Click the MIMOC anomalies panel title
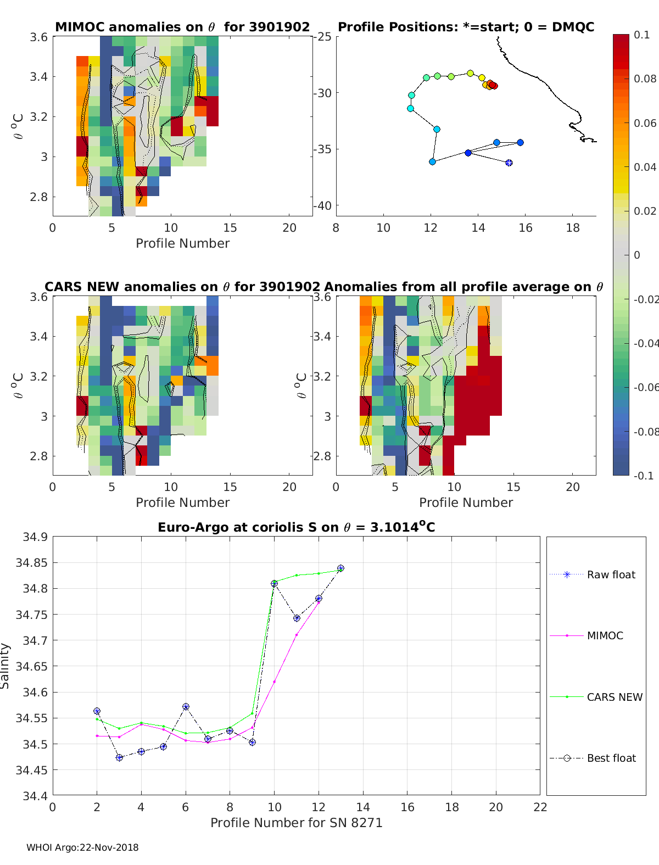pyautogui.click(x=182, y=27)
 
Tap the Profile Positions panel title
pyautogui.click(x=466, y=27)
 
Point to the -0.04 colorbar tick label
pyautogui.click(x=645, y=343)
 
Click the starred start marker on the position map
pyautogui.click(x=509, y=163)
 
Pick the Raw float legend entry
pyautogui.click(x=611, y=574)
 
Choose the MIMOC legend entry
pyautogui.click(x=605, y=635)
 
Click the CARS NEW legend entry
pyautogui.click(x=614, y=697)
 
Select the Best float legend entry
pyautogui.click(x=611, y=758)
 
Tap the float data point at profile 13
pyautogui.click(x=341, y=568)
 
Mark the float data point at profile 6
pyautogui.click(x=186, y=707)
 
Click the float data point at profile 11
pyautogui.click(x=297, y=618)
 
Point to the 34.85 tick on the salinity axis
pyautogui.click(x=31, y=562)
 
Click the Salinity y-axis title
pyautogui.click(x=5, y=666)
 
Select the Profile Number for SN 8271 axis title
pyautogui.click(x=296, y=823)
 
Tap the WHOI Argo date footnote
pyautogui.click(x=82, y=847)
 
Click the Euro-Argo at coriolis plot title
pyautogui.click(x=296, y=527)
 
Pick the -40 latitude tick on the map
pyautogui.click(x=323, y=205)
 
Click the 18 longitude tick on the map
pyautogui.click(x=573, y=228)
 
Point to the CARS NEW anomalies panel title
pyautogui.click(x=182, y=287)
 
